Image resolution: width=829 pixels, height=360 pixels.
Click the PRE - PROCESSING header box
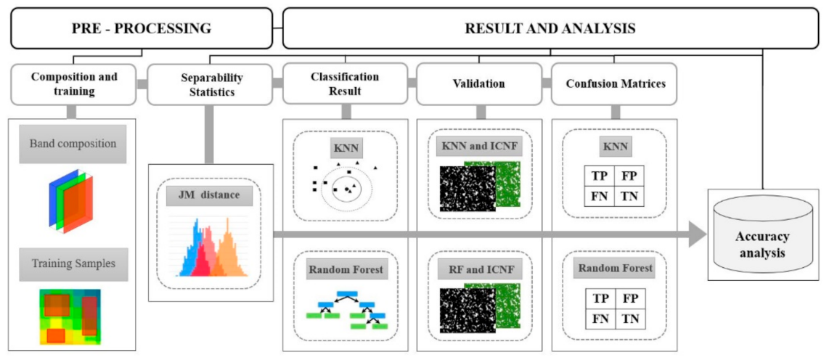click(141, 29)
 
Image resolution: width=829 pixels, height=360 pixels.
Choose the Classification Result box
click(345, 84)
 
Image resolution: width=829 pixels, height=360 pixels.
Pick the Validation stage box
click(478, 84)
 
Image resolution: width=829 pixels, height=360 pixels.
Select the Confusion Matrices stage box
click(614, 84)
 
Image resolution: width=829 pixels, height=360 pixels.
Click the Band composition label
click(73, 144)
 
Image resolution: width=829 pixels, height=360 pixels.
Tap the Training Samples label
click(73, 263)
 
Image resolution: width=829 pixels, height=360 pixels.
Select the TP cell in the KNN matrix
click(600, 176)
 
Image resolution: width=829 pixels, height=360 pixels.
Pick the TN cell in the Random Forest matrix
click(629, 317)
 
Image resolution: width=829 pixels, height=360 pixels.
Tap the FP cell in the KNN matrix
click(629, 176)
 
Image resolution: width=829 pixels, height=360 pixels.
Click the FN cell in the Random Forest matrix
click(600, 317)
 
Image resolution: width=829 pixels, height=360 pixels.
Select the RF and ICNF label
click(480, 269)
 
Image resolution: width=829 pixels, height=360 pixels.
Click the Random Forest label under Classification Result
click(345, 270)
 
